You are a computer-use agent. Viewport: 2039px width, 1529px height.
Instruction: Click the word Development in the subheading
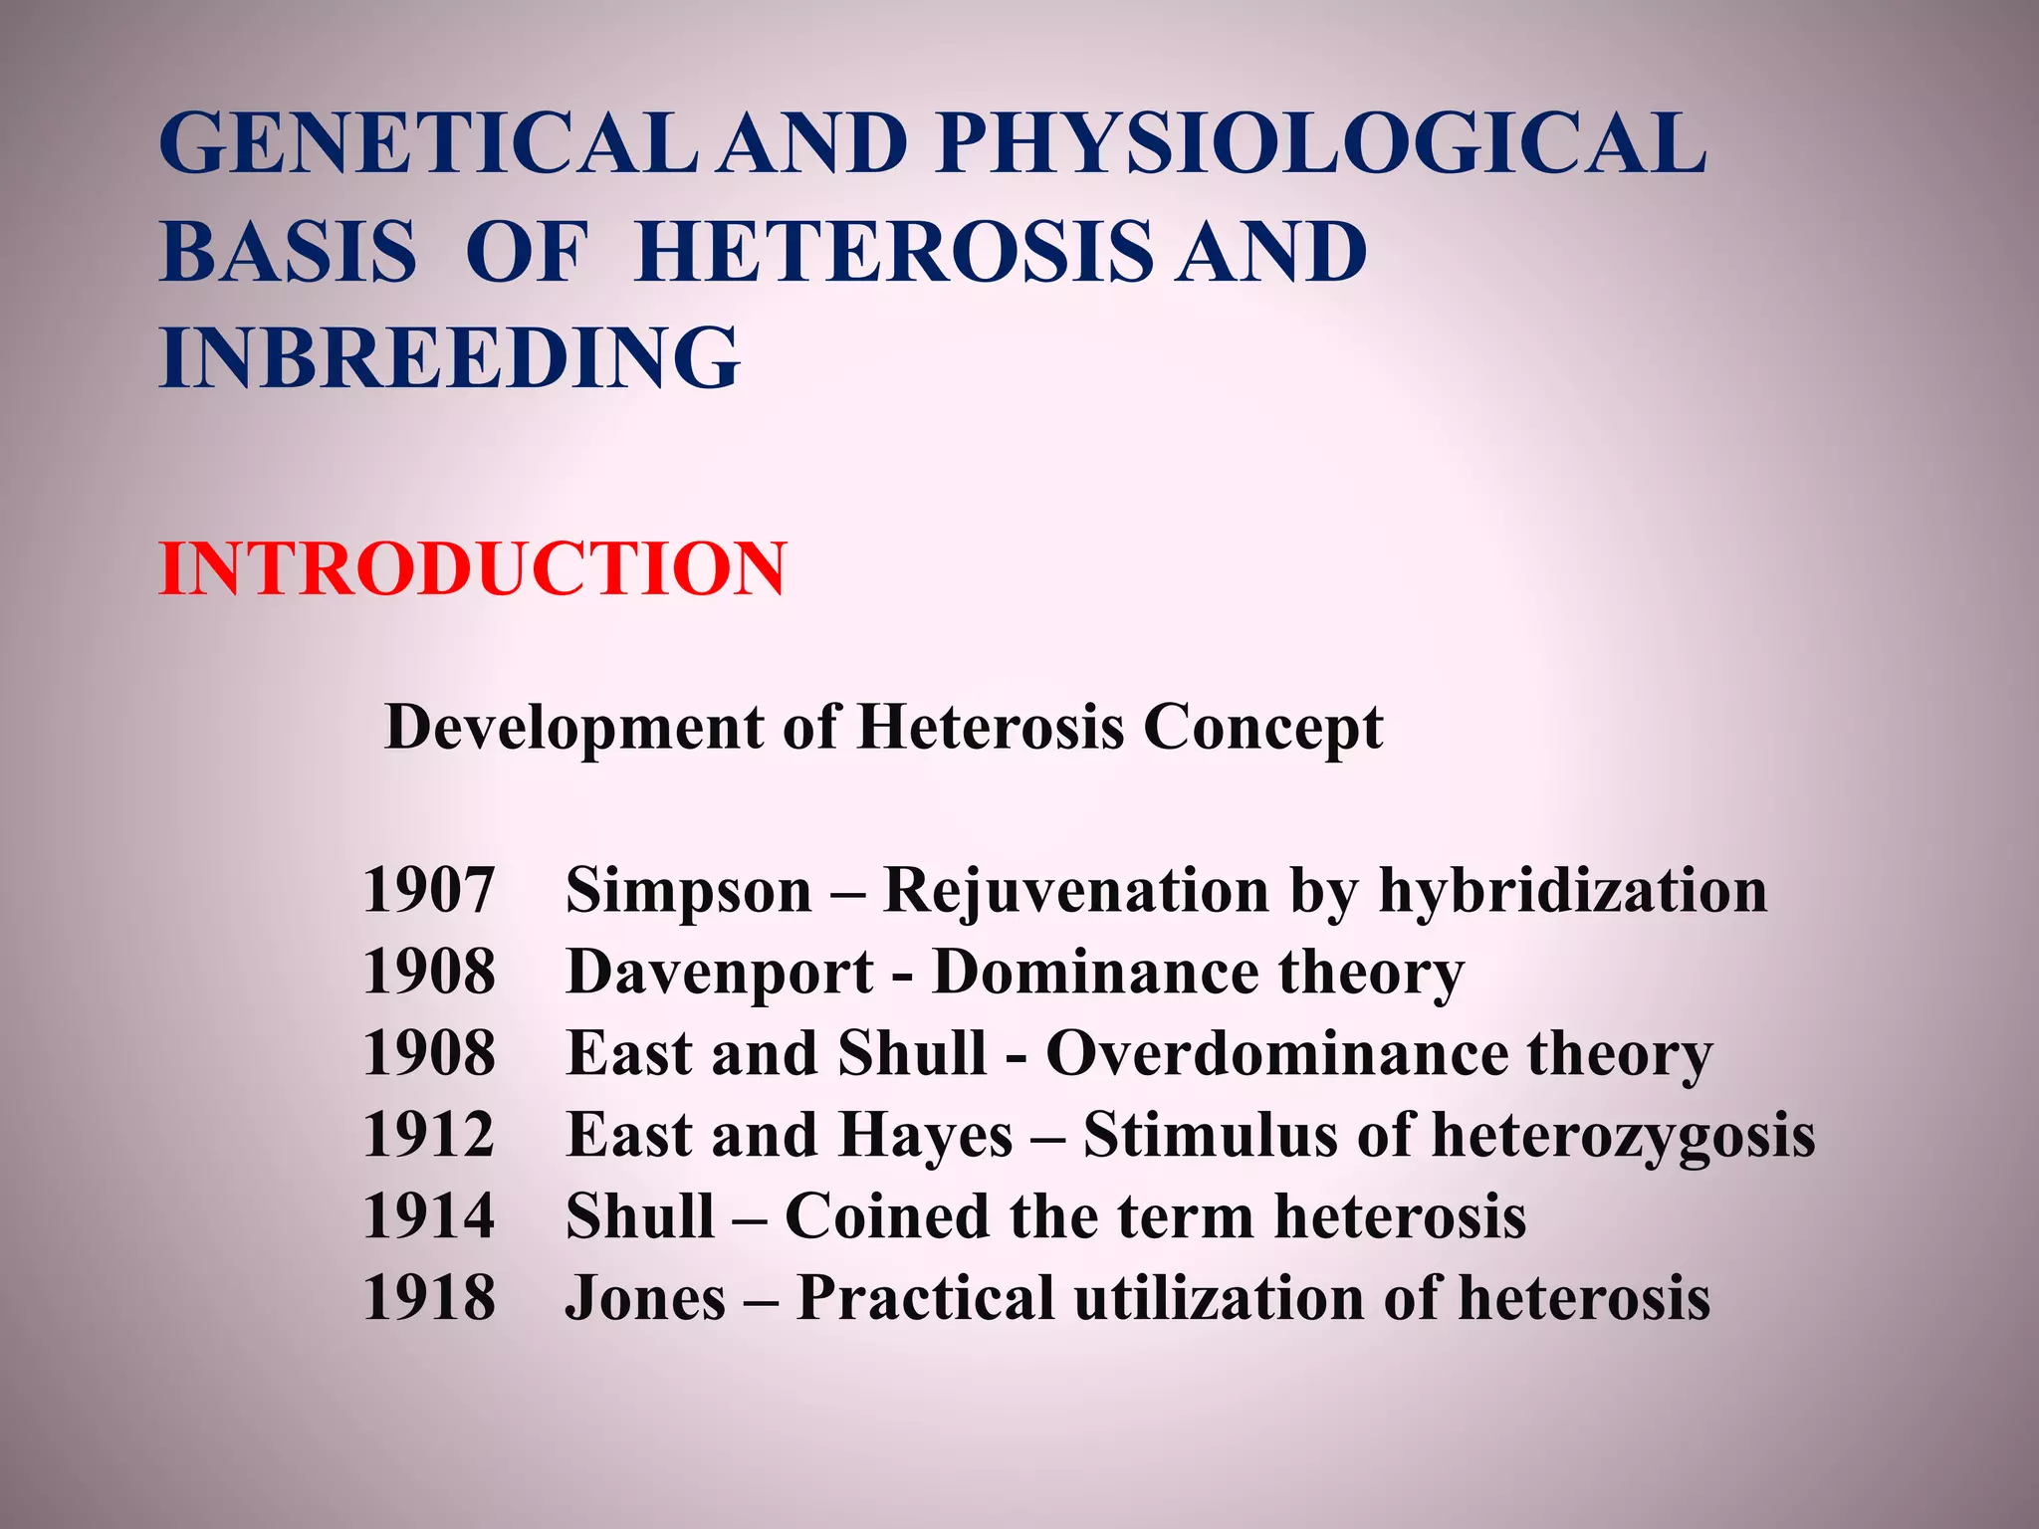[x=574, y=728]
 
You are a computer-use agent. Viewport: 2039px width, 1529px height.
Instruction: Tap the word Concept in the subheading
[x=1262, y=728]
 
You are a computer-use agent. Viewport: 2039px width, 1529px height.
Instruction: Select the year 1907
[x=428, y=890]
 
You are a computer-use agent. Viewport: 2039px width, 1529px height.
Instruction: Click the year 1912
[x=428, y=1135]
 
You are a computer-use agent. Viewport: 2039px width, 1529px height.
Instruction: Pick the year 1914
[x=428, y=1216]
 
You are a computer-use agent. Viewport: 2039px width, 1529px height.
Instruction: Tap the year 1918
[x=428, y=1298]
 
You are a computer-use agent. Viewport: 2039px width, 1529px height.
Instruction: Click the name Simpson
[x=689, y=890]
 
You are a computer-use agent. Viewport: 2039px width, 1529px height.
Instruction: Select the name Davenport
[x=720, y=972]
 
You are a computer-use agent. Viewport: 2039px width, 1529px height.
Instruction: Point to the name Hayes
[x=925, y=1135]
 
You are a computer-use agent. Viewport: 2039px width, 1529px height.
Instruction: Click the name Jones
[x=645, y=1298]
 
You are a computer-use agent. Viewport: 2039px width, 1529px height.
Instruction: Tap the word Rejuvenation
[x=1076, y=890]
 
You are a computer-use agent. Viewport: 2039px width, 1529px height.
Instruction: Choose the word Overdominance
[x=1276, y=1053]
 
